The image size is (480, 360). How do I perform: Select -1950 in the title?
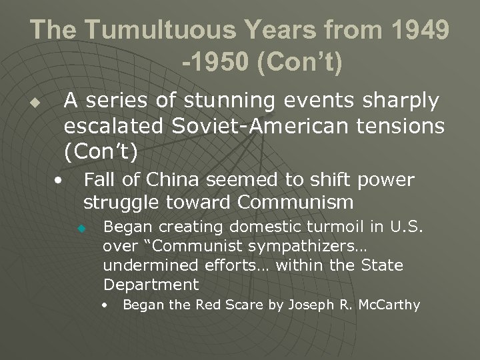coord(215,63)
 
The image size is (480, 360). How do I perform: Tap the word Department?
coord(151,285)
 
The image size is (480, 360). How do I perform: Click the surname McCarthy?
coord(389,305)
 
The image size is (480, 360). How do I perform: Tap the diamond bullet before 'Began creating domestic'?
coord(81,228)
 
